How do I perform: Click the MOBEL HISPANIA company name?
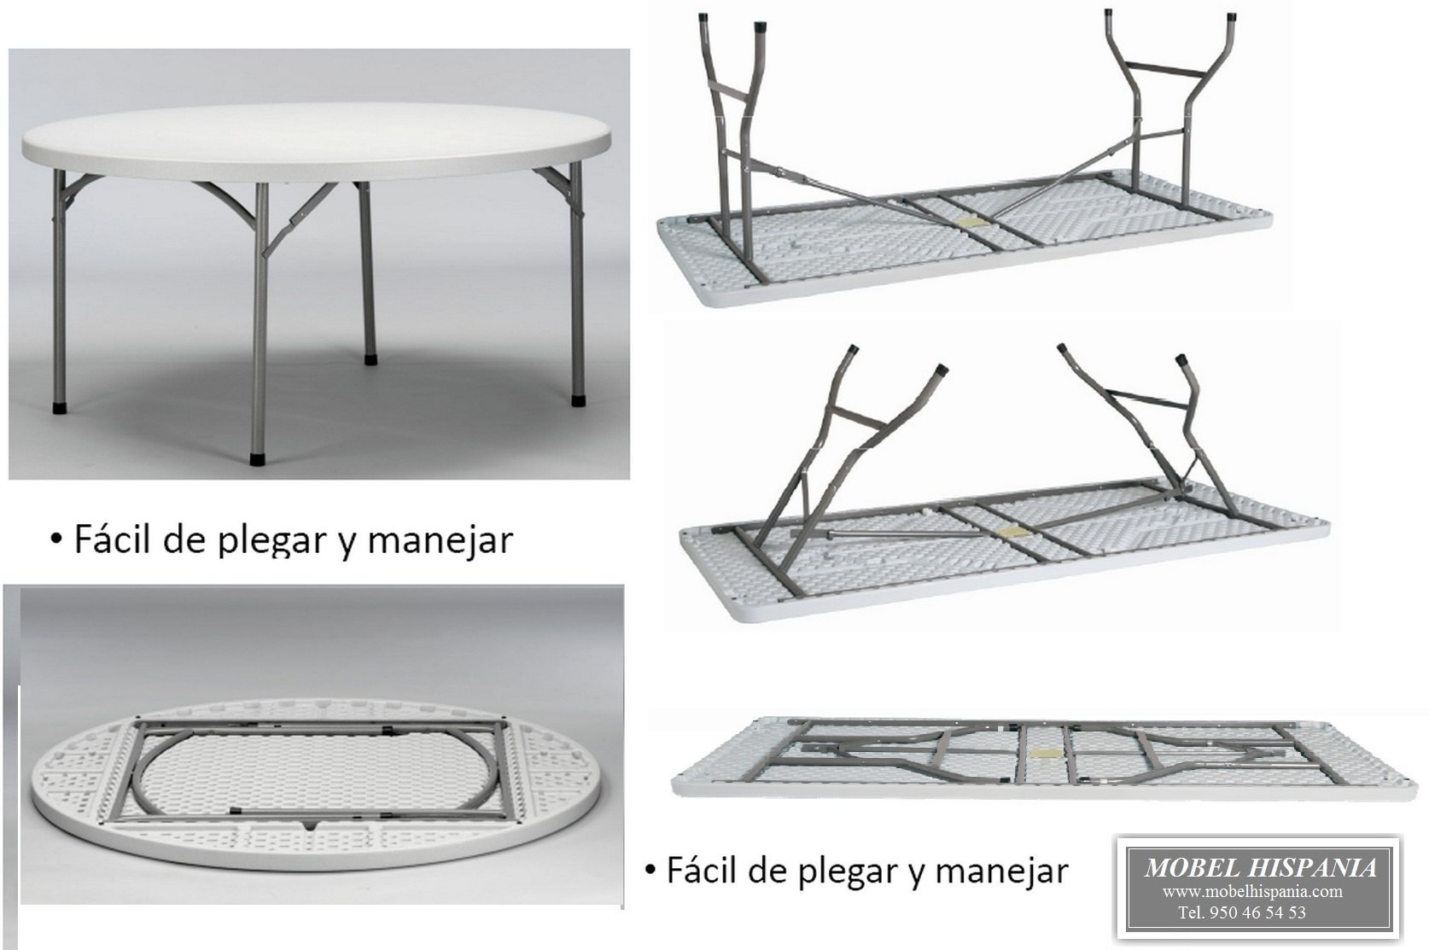(x=1260, y=868)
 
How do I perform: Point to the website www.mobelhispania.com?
(x=1251, y=892)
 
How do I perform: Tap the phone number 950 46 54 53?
(x=1257, y=912)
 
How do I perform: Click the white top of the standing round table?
(x=316, y=137)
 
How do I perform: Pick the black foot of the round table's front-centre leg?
(x=257, y=459)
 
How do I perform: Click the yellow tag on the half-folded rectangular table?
(x=1012, y=532)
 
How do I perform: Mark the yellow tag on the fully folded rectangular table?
(x=1043, y=755)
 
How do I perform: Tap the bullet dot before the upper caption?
(x=55, y=539)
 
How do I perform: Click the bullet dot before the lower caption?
(x=650, y=871)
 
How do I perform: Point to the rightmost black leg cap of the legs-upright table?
(x=1232, y=18)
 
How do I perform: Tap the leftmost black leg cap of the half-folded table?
(x=854, y=350)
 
